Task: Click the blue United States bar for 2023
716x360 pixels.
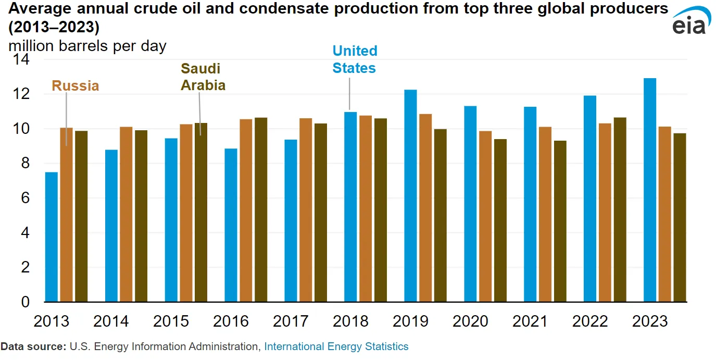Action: [x=649, y=190]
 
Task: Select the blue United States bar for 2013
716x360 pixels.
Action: [x=52, y=237]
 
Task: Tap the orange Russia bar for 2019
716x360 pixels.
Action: [x=425, y=208]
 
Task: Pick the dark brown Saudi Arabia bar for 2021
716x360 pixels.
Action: [x=560, y=221]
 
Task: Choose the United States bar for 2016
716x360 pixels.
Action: [x=231, y=225]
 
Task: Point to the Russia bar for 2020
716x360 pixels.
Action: [x=485, y=216]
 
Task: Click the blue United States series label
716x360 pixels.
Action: [x=355, y=59]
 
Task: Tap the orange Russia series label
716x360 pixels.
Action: [x=76, y=86]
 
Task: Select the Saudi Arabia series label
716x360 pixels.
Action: [x=203, y=77]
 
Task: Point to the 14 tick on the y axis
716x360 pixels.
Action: [x=21, y=60]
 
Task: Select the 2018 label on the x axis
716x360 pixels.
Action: [x=350, y=321]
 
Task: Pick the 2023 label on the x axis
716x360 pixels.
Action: [x=649, y=321]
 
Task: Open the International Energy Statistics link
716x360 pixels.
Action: [x=336, y=346]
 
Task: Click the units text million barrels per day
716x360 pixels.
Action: [x=87, y=46]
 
